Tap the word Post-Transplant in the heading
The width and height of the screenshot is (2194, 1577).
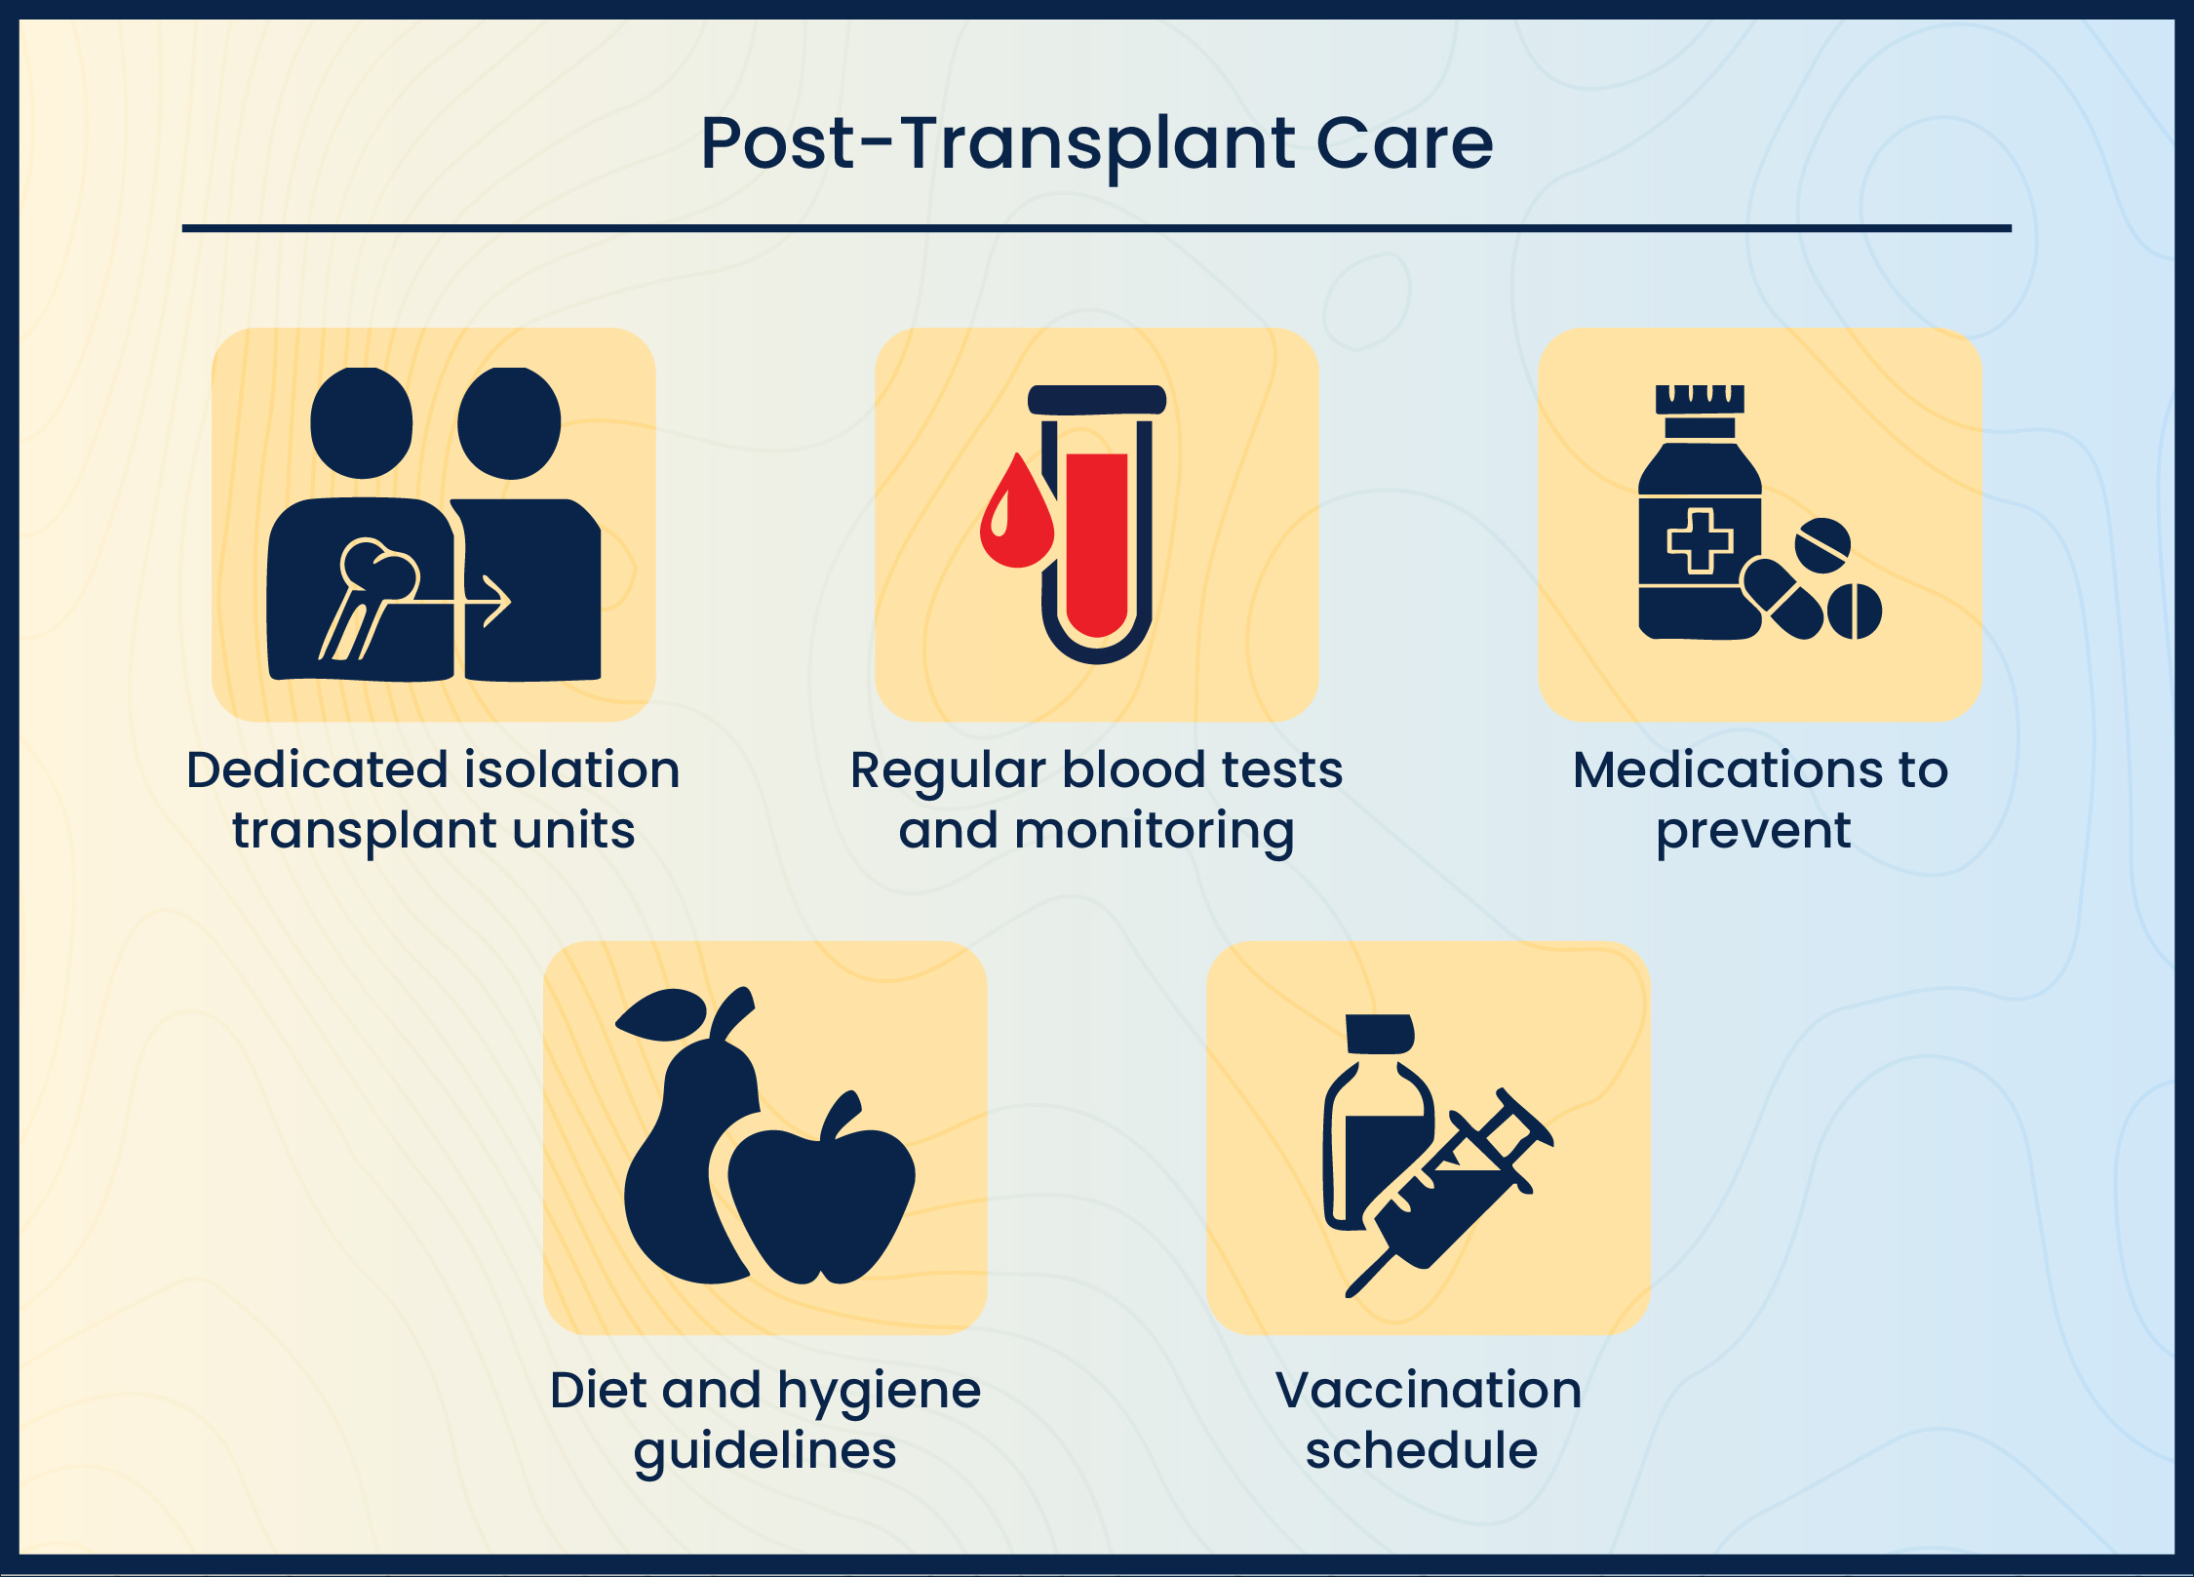pos(997,144)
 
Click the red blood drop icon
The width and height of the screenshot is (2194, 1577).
pos(1016,517)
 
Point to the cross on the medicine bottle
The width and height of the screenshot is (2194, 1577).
pos(1700,540)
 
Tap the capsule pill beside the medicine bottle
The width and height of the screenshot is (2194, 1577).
pos(1783,597)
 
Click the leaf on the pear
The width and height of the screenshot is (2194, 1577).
pos(661,1014)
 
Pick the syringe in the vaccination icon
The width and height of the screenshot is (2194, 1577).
pos(1453,1190)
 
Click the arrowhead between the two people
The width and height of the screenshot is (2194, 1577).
pos(497,601)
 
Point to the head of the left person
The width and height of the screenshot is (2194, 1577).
pos(362,423)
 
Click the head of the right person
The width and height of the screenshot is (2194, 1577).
pos(509,423)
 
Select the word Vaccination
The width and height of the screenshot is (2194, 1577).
pos(1429,1390)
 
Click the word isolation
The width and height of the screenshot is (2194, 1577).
pos(572,769)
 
